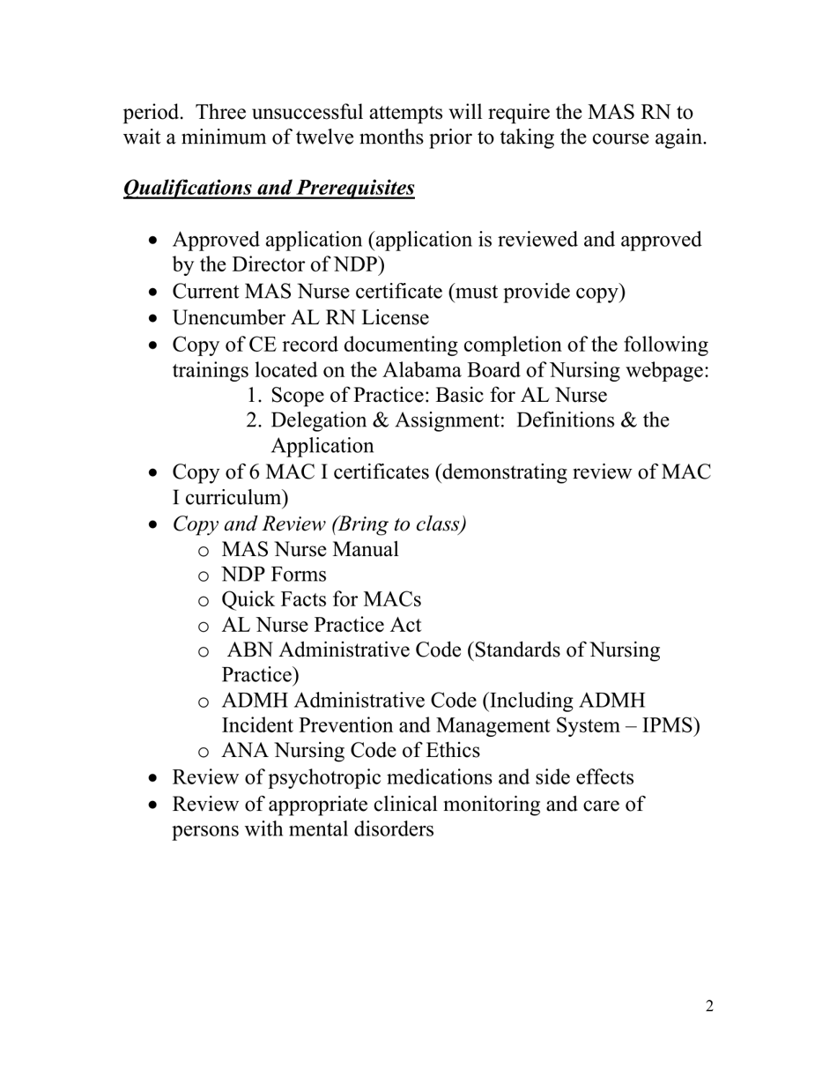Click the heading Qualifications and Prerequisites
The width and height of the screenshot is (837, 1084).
tap(269, 189)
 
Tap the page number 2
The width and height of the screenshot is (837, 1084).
tap(709, 1006)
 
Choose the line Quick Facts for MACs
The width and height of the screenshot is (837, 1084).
tap(321, 600)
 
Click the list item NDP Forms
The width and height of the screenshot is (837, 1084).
tap(273, 575)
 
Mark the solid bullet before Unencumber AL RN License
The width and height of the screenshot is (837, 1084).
tap(155, 319)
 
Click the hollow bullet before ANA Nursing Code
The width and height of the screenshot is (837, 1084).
tap(204, 753)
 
